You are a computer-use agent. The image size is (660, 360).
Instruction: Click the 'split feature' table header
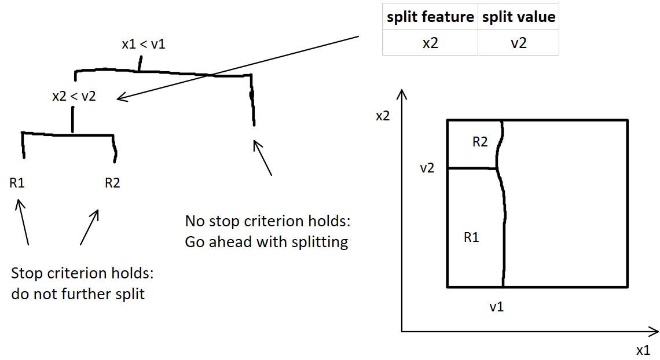(x=430, y=17)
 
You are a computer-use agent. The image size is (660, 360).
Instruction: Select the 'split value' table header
(x=518, y=17)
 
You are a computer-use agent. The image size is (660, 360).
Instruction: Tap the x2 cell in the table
(x=430, y=43)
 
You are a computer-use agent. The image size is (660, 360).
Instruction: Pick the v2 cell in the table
(x=518, y=43)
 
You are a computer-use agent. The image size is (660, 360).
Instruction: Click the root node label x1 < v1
(x=143, y=44)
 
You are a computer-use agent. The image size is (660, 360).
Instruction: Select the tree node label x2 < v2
(x=74, y=97)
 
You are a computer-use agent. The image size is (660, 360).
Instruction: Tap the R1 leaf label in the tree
(x=17, y=183)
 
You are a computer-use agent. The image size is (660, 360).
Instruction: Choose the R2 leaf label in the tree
(x=112, y=183)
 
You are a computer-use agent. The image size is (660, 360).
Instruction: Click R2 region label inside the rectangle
(x=480, y=142)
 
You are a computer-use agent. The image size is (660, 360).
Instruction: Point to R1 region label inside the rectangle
(x=472, y=237)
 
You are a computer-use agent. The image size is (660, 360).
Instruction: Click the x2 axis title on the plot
(x=383, y=116)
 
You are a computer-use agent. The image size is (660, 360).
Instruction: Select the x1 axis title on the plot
(x=643, y=350)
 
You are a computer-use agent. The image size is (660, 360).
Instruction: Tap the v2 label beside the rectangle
(x=428, y=168)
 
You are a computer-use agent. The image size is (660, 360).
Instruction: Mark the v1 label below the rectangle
(x=497, y=307)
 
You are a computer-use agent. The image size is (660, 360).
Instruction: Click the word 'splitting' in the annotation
(x=321, y=242)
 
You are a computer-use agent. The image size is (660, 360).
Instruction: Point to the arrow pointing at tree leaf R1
(x=23, y=222)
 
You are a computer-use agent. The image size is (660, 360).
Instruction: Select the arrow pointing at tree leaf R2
(x=89, y=227)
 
